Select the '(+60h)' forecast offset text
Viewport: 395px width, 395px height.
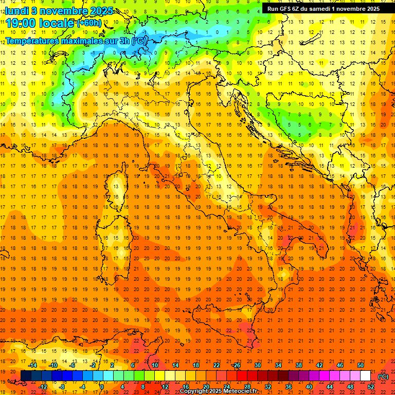pyautogui.click(x=89, y=23)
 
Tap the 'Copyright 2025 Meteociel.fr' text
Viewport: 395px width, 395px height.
pyautogui.click(x=222, y=391)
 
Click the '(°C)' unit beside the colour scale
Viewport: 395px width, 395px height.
pyautogui.click(x=383, y=376)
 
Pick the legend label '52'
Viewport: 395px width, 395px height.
pyautogui.click(x=371, y=386)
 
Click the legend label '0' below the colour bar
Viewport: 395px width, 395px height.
pyautogui.click(x=102, y=386)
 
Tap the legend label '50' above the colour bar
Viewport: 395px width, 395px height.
pyautogui.click(x=361, y=365)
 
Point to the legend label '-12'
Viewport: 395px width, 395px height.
pyautogui.click(x=43, y=386)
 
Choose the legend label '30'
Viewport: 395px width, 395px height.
pyautogui.click(x=257, y=365)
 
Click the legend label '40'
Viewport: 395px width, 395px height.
pyautogui.click(x=309, y=386)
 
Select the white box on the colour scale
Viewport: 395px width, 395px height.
pyautogui.click(x=365, y=375)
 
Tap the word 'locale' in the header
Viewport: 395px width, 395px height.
pyautogui.click(x=58, y=23)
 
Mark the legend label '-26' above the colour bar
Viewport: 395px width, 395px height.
pyautogui.click(x=236, y=365)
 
